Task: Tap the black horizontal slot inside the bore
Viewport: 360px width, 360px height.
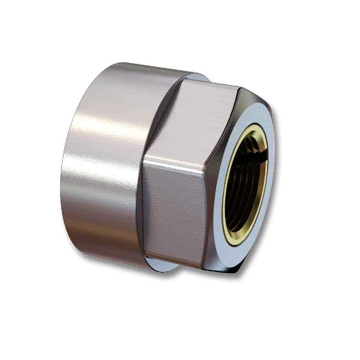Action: (x=256, y=158)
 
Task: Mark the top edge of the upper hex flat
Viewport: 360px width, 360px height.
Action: (x=211, y=83)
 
